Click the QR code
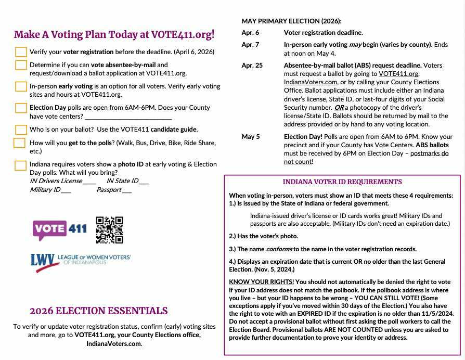[x=109, y=230]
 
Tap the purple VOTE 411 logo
[x=60, y=229]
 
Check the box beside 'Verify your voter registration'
[x=21, y=52]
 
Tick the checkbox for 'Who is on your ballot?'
[x=21, y=130]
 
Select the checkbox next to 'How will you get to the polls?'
[x=19, y=143]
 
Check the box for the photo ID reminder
[x=20, y=165]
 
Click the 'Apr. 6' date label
[x=250, y=33]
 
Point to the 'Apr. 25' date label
[x=252, y=66]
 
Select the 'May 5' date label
[x=250, y=137]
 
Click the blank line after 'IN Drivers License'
[x=89, y=182]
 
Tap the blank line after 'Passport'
[x=127, y=190]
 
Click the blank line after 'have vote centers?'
[x=128, y=117]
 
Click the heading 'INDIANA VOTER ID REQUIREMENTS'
[x=342, y=182]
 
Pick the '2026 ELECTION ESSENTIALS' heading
[x=99, y=311]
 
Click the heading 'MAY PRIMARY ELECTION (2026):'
[x=292, y=21]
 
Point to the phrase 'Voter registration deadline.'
[x=324, y=33]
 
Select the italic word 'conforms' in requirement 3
[x=279, y=249]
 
